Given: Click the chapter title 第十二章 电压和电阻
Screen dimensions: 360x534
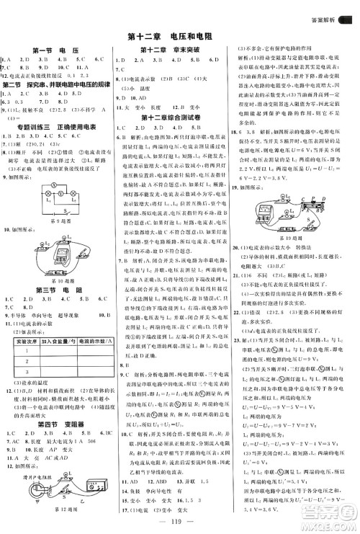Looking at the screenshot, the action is coord(179,36).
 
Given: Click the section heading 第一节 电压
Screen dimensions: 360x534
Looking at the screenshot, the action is coord(55,50).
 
